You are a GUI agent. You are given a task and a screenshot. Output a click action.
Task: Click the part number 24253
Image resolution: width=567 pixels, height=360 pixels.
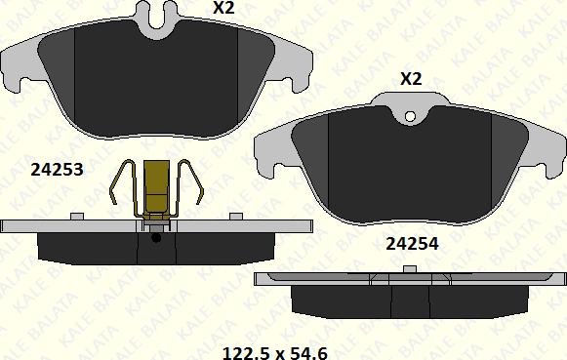tap(57, 169)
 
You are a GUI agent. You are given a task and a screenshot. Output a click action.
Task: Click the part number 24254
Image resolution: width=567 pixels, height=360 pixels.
tap(412, 244)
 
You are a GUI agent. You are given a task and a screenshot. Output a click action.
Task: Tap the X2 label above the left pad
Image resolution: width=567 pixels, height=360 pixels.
tap(223, 7)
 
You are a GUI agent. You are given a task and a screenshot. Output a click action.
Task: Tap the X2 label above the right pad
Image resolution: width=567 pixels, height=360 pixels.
tap(411, 78)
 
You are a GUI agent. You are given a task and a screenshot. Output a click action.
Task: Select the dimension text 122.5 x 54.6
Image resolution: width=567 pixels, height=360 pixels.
tap(275, 353)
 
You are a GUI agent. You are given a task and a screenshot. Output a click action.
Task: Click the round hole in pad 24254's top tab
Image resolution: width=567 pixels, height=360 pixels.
tap(410, 116)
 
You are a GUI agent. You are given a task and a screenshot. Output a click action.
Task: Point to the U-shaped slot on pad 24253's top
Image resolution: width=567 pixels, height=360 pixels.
tap(156, 19)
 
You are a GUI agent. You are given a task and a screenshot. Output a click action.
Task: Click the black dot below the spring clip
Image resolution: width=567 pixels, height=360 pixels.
tap(156, 238)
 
